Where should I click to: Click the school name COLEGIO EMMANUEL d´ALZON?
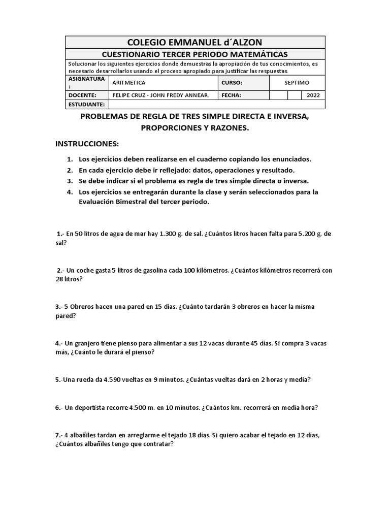(x=195, y=42)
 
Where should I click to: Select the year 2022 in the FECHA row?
(x=313, y=95)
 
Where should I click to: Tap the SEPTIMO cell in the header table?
(x=297, y=82)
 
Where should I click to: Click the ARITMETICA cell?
(x=128, y=82)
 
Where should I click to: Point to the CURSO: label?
(x=232, y=82)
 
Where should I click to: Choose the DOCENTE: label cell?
(x=82, y=95)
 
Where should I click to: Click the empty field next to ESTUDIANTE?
(x=217, y=104)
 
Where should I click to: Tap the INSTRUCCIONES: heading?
(x=87, y=144)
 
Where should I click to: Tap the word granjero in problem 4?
(x=88, y=343)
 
